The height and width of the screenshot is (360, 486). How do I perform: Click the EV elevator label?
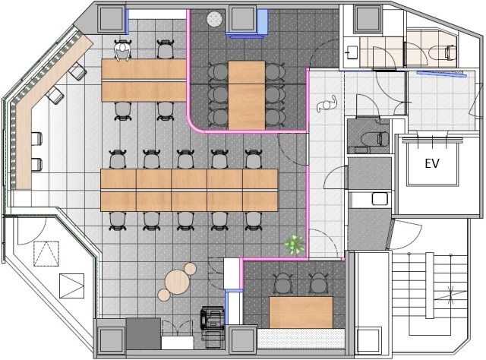pos(432,163)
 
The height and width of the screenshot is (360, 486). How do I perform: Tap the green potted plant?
pos(295,245)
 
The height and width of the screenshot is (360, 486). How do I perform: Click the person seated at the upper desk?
pos(122,50)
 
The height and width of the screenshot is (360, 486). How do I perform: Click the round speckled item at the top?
pos(214,19)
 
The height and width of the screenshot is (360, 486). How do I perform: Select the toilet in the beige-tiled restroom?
pos(450,52)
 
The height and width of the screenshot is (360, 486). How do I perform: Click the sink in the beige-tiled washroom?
pos(352,52)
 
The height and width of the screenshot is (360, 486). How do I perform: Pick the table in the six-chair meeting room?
pos(247,95)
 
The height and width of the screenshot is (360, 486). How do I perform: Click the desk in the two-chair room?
pos(301,312)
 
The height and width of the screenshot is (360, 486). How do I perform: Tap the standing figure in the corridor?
pos(327,104)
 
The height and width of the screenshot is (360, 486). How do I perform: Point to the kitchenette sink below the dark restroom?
pos(380,198)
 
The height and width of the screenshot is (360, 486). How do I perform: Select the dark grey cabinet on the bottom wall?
pos(144,333)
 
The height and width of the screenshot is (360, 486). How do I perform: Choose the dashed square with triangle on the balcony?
pos(46,254)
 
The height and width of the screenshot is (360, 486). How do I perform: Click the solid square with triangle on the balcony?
pos(71,286)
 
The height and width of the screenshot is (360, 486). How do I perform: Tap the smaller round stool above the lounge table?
pos(190,269)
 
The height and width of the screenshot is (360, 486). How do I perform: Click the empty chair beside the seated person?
pos(166,49)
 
